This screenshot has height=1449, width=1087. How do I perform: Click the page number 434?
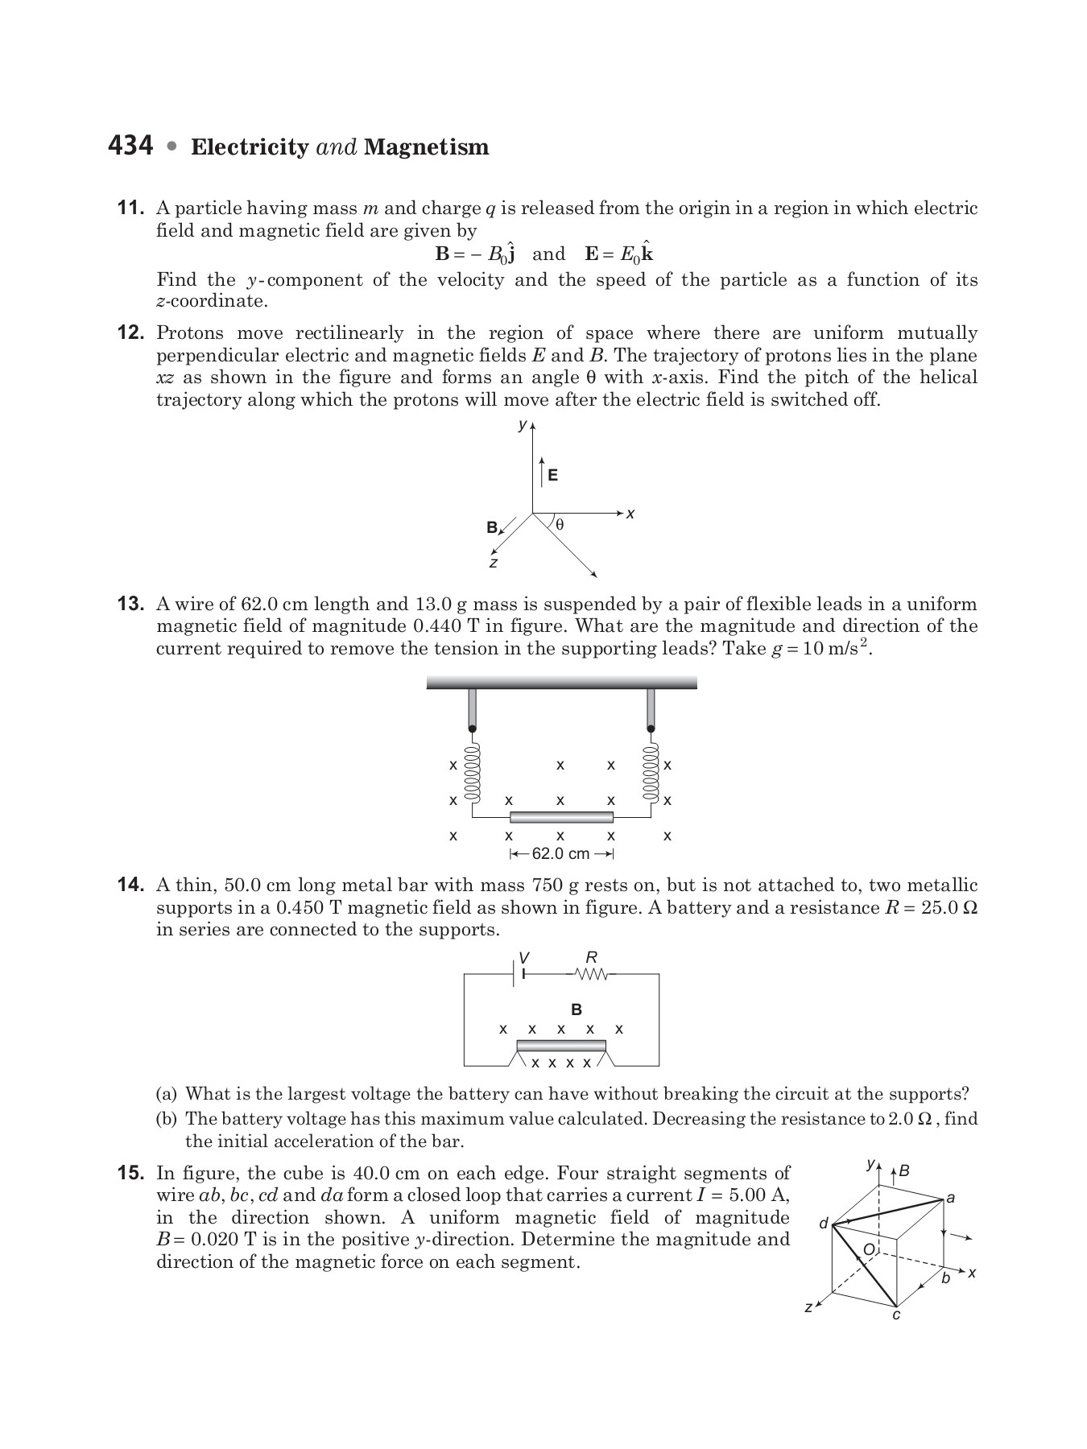[x=130, y=146]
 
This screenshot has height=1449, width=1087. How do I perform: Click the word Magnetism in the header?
[x=426, y=147]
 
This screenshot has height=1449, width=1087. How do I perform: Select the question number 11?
[x=131, y=208]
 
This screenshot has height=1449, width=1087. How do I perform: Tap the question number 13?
[x=131, y=605]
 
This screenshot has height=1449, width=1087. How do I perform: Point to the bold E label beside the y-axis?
[x=552, y=475]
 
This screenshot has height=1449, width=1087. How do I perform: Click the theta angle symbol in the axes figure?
[x=560, y=525]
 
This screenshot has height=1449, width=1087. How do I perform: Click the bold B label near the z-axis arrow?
[x=492, y=528]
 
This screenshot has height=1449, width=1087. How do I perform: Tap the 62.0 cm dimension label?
[x=560, y=853]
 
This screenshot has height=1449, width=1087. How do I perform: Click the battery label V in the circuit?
[x=524, y=957]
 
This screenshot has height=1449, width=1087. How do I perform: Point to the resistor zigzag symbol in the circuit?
[x=592, y=975]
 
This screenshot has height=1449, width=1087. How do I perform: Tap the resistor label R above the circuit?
[x=592, y=957]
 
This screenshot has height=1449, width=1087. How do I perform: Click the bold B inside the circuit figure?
[x=576, y=1009]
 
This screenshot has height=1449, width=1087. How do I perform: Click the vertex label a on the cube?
[x=951, y=1197]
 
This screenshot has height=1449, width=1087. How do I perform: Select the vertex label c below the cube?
[x=896, y=1315]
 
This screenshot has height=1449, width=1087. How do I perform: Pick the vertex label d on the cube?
[x=823, y=1224]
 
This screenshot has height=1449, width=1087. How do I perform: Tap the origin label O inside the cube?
[x=869, y=1249]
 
